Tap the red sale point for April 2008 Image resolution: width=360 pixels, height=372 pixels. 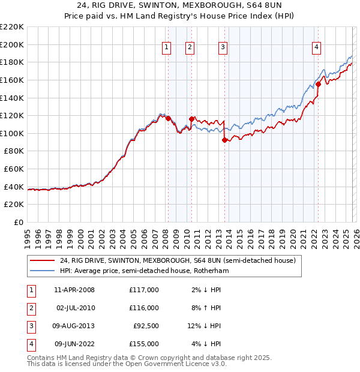[x=168, y=118]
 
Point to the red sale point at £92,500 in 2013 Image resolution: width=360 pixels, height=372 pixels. [x=224, y=140]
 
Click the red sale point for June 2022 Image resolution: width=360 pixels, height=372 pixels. [x=319, y=85]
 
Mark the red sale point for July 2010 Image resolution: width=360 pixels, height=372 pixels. [x=191, y=119]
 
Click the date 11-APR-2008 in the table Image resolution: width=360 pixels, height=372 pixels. [x=74, y=290]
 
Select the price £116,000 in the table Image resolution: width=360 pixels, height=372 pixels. [x=144, y=308]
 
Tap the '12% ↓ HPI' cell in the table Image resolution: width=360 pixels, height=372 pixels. [x=203, y=326]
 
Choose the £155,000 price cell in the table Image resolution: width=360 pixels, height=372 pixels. [x=144, y=344]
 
